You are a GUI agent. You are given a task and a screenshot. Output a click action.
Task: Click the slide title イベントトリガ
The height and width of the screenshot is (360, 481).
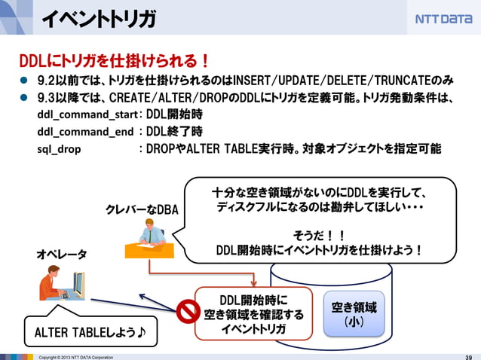(x=98, y=19)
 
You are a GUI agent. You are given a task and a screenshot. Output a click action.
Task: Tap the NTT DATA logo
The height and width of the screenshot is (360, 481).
(x=443, y=18)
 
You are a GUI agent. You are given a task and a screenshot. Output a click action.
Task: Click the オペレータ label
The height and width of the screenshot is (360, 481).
(x=62, y=255)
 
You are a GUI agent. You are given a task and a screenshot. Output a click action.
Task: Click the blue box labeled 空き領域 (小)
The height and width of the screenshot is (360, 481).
(x=354, y=314)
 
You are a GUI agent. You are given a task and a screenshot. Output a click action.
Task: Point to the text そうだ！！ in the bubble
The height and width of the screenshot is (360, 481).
(x=319, y=234)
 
